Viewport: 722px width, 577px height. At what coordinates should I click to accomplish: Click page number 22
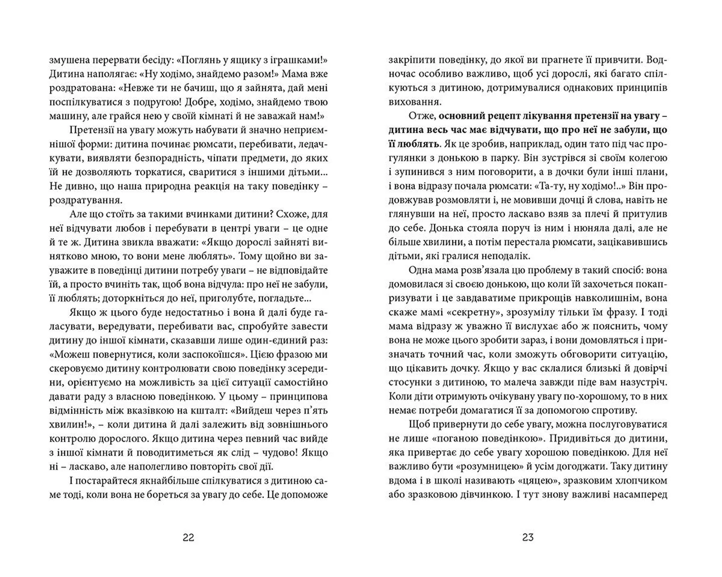(x=188, y=537)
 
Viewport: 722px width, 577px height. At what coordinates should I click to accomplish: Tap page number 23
(x=528, y=537)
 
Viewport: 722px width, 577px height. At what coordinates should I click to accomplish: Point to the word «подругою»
(x=171, y=102)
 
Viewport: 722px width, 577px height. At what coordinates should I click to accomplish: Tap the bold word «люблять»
(x=419, y=144)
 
